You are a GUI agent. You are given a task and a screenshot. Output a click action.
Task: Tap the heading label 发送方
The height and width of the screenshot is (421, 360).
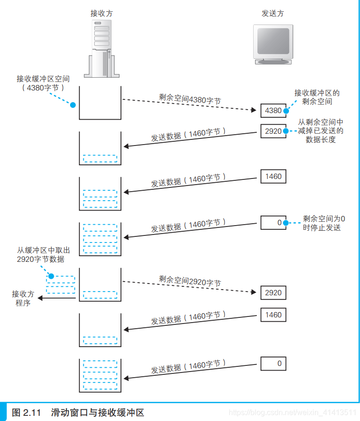pyautogui.click(x=273, y=13)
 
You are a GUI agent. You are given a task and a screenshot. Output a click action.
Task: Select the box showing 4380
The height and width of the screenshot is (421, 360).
pyautogui.click(x=273, y=111)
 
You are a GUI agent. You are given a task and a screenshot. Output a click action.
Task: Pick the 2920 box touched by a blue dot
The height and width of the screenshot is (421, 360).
pyautogui.click(x=273, y=131)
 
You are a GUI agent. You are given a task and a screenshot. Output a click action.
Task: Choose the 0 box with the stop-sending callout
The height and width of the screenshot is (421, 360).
pyautogui.click(x=273, y=222)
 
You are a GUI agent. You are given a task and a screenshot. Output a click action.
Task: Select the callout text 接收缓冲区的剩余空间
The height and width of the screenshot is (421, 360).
pyautogui.click(x=317, y=97)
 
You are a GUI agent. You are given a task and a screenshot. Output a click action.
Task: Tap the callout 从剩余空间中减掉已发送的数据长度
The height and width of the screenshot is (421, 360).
pyautogui.click(x=320, y=130)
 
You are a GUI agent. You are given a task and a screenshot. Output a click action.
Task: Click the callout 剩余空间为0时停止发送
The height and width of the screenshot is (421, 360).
pyautogui.click(x=324, y=223)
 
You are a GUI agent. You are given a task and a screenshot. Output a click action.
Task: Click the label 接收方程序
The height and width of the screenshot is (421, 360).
pyautogui.click(x=23, y=298)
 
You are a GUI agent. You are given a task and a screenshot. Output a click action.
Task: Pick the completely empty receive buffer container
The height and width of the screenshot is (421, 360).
pyautogui.click(x=100, y=103)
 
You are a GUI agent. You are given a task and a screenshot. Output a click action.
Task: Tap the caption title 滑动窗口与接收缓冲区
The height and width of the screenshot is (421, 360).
pyautogui.click(x=97, y=413)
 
